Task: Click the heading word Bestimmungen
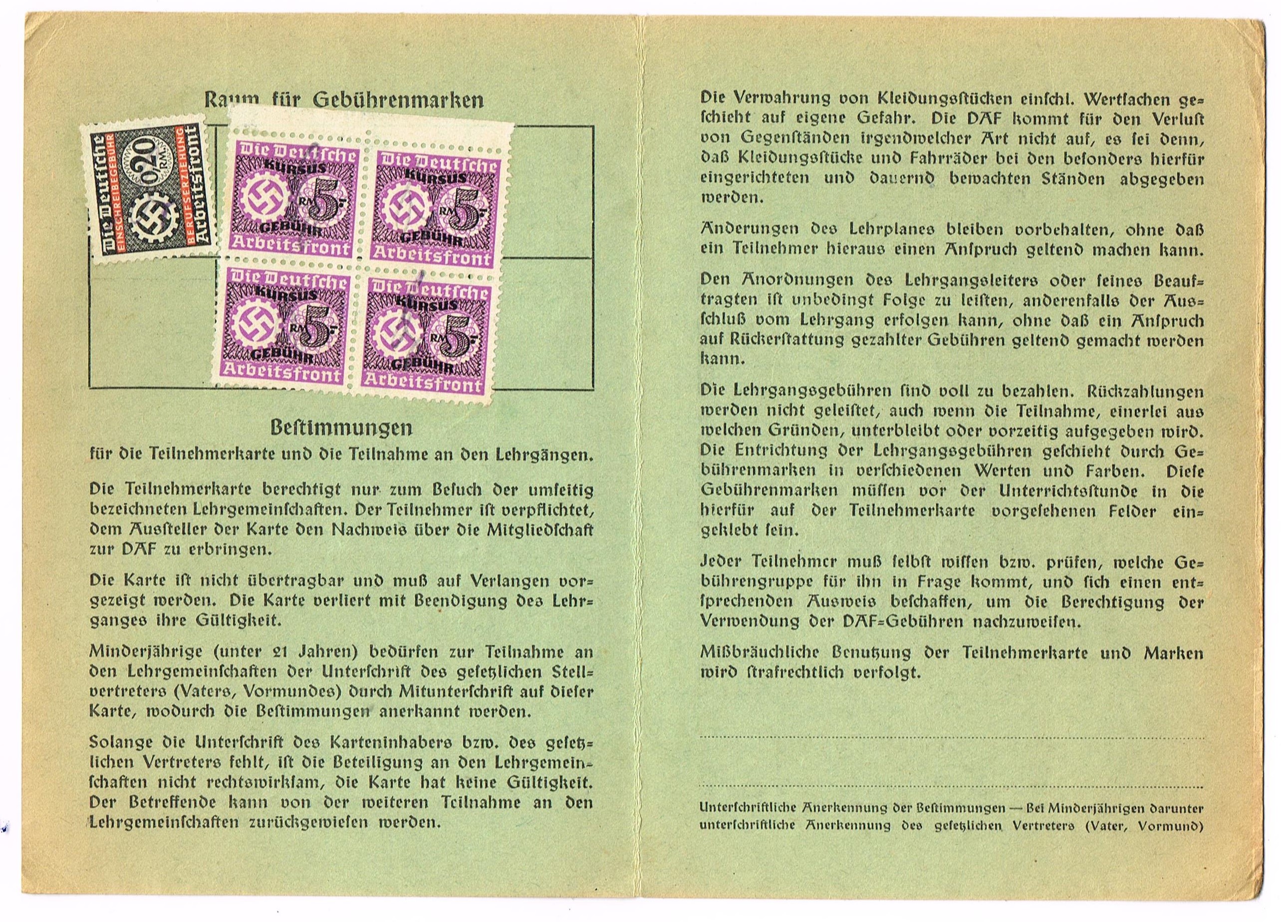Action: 341,428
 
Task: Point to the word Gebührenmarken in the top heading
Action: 398,100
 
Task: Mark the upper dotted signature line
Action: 951,737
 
